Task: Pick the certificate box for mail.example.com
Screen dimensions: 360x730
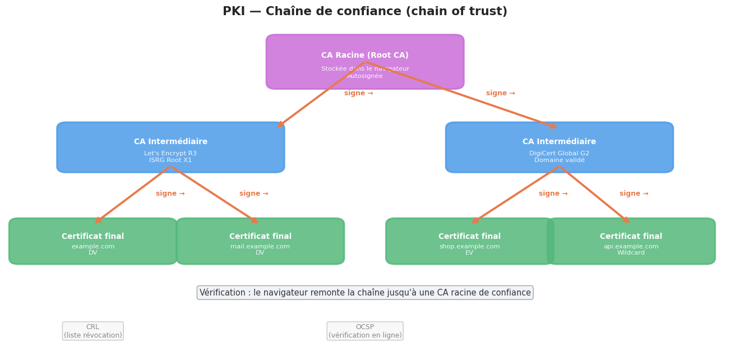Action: [260, 241]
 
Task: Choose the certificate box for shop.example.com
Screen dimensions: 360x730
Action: [470, 241]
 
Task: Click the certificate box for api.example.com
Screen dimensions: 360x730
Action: [631, 241]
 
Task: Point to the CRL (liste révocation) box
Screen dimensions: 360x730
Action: [93, 331]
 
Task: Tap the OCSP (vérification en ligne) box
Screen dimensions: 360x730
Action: [365, 331]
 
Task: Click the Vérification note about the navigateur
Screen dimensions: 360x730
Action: [365, 293]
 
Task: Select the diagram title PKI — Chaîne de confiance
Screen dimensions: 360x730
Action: [365, 12]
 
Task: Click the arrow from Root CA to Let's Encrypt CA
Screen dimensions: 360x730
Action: [321, 94]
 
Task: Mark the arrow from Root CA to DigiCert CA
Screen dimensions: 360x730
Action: [461, 95]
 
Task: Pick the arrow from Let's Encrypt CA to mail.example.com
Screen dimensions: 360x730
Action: [214, 194]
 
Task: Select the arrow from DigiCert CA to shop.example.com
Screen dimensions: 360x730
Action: [516, 194]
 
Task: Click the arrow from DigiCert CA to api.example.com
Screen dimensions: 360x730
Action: [594, 194]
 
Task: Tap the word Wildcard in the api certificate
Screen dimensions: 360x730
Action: [631, 253]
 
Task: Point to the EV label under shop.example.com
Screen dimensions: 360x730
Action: [470, 253]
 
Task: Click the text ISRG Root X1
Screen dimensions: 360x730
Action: [170, 160]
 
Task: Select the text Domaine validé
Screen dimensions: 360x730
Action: [560, 160]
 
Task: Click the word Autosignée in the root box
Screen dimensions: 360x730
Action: [365, 76]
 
